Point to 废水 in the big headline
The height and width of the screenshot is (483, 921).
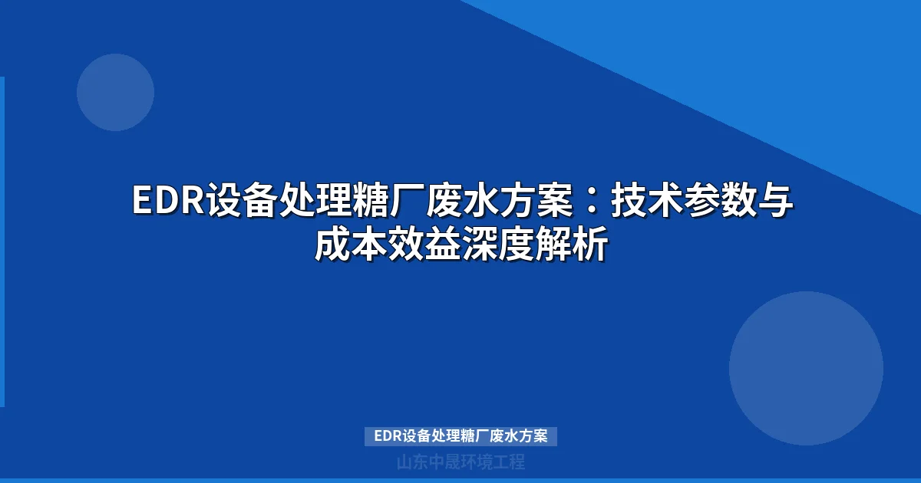coord(460,202)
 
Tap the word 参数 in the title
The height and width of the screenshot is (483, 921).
coord(720,202)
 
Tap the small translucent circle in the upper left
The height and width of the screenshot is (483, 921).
coord(115,92)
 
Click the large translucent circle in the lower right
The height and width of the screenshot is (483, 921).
coord(806,368)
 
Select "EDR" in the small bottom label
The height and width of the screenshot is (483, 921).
coord(388,436)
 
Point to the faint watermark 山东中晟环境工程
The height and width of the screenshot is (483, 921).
coord(460,462)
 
